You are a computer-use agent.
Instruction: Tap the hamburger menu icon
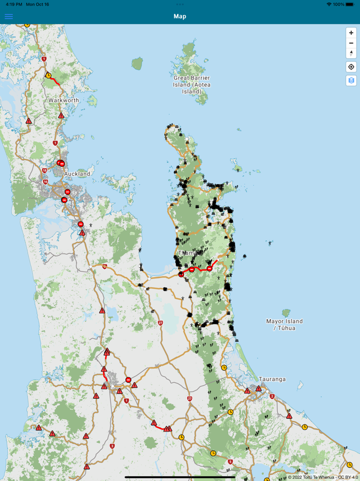(x=9, y=16)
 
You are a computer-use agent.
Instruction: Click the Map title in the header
(x=180, y=16)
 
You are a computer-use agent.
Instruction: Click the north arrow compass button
(x=351, y=53)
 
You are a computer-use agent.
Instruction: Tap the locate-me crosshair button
(x=351, y=67)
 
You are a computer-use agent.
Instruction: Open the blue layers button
(x=351, y=80)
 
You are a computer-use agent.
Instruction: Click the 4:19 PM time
(x=13, y=4)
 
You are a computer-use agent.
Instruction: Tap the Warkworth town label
(x=64, y=100)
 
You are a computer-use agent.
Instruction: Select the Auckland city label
(x=77, y=174)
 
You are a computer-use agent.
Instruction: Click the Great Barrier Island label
(x=192, y=84)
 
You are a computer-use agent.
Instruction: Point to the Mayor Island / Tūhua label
(x=284, y=324)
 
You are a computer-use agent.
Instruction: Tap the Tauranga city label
(x=272, y=379)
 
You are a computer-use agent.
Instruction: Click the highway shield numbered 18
(x=45, y=170)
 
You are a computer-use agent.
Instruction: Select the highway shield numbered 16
(x=45, y=182)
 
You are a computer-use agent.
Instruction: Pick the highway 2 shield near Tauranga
(x=272, y=397)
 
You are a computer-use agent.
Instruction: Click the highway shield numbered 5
(x=230, y=461)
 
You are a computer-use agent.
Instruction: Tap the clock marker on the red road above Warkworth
(x=48, y=75)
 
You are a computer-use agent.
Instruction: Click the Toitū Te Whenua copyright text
(x=322, y=477)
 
